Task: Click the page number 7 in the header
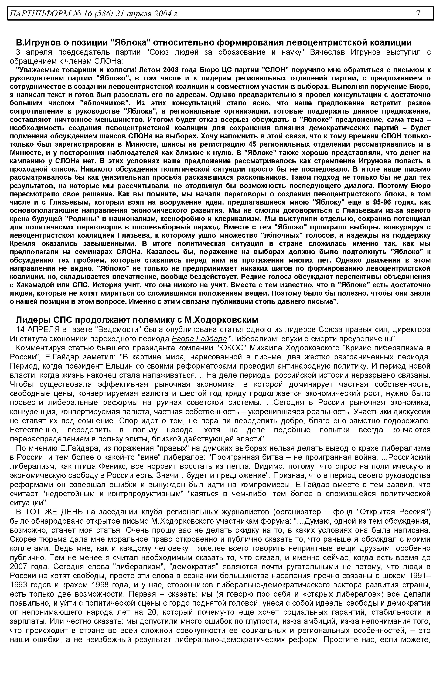[x=418, y=13]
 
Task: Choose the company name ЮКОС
[x=231, y=348]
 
